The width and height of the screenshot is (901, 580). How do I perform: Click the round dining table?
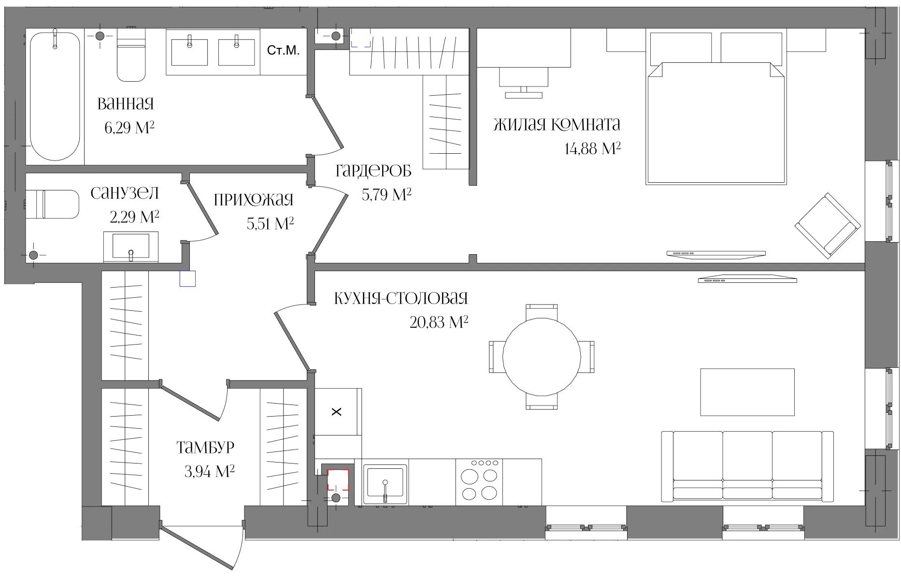542,356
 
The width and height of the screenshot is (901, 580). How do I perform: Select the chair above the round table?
542,310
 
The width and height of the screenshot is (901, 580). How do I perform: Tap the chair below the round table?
542,401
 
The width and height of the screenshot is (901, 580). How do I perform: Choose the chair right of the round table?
587,357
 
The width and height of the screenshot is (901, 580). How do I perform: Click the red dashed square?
338,480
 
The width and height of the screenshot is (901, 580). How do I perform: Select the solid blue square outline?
187,280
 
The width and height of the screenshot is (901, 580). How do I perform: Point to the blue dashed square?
360,38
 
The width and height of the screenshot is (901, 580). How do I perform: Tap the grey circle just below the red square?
336,497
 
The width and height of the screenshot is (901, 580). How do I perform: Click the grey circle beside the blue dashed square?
336,36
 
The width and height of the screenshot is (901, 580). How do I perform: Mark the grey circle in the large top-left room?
100,36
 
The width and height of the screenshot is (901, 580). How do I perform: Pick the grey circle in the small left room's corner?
33,255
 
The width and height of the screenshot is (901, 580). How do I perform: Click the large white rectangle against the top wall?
524,48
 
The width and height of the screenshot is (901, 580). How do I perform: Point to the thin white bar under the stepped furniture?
524,96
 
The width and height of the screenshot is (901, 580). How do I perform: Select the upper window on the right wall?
882,201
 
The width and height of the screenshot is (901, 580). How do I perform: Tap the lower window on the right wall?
882,408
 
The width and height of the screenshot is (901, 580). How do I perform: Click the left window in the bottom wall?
586,522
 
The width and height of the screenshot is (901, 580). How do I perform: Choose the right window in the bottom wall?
763,522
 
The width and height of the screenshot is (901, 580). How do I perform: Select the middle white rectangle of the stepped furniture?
524,77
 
